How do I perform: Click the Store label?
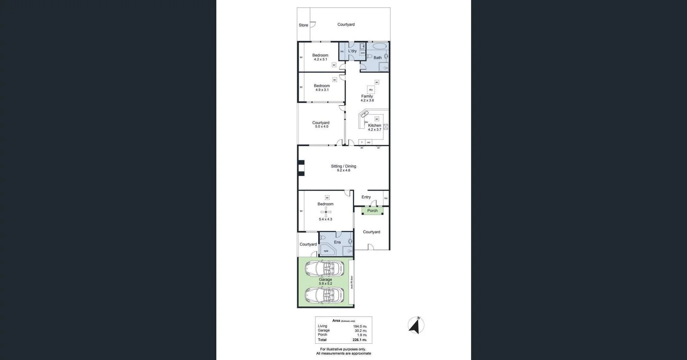(x=303, y=25)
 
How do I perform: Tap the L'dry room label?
(x=352, y=51)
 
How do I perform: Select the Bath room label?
(x=377, y=57)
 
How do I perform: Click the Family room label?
(x=367, y=97)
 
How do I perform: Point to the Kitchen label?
(x=374, y=125)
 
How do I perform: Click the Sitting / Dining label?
(x=343, y=166)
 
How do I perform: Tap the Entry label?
(x=366, y=197)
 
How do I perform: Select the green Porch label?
(x=372, y=211)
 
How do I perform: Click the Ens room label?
(x=337, y=242)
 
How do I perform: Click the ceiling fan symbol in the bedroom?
(x=326, y=212)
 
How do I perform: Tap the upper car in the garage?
(x=325, y=268)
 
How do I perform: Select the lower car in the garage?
(x=325, y=295)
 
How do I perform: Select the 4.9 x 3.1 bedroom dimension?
(x=322, y=90)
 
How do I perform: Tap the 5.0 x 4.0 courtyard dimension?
(x=321, y=127)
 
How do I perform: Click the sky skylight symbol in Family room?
(x=371, y=90)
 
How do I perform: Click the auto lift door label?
(x=352, y=281)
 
